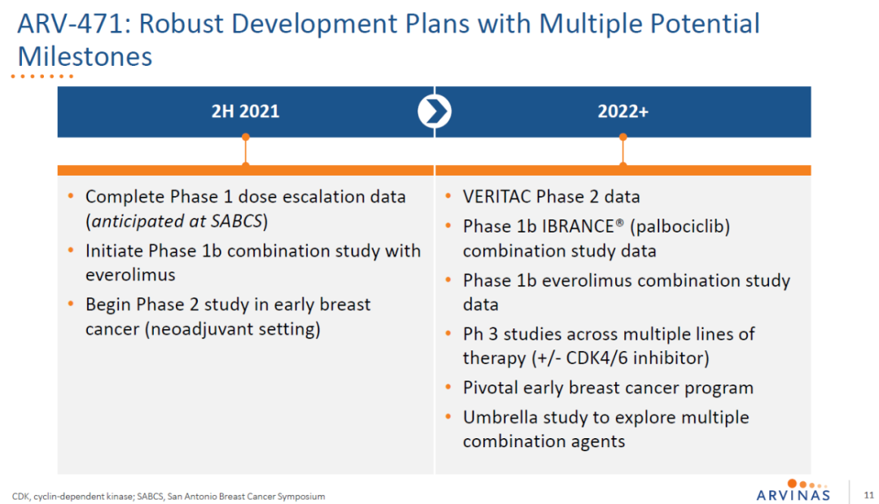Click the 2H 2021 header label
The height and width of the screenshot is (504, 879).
pyautogui.click(x=245, y=111)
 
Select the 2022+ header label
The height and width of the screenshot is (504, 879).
pyautogui.click(x=623, y=111)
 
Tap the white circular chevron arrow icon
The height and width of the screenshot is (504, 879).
pyautogui.click(x=435, y=111)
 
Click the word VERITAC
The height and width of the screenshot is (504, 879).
pyautogui.click(x=496, y=197)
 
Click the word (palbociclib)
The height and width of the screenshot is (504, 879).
pyautogui.click(x=680, y=227)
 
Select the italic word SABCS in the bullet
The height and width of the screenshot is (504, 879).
pyautogui.click(x=236, y=221)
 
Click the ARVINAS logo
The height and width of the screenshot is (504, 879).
pyautogui.click(x=793, y=490)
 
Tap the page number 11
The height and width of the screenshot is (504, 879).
pyautogui.click(x=869, y=495)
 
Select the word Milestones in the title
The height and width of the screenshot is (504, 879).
pyautogui.click(x=85, y=57)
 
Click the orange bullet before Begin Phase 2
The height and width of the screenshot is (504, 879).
pyautogui.click(x=71, y=304)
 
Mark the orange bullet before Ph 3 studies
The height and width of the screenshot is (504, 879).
pyautogui.click(x=448, y=334)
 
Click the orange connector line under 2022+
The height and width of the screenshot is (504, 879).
pyautogui.click(x=623, y=150)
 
